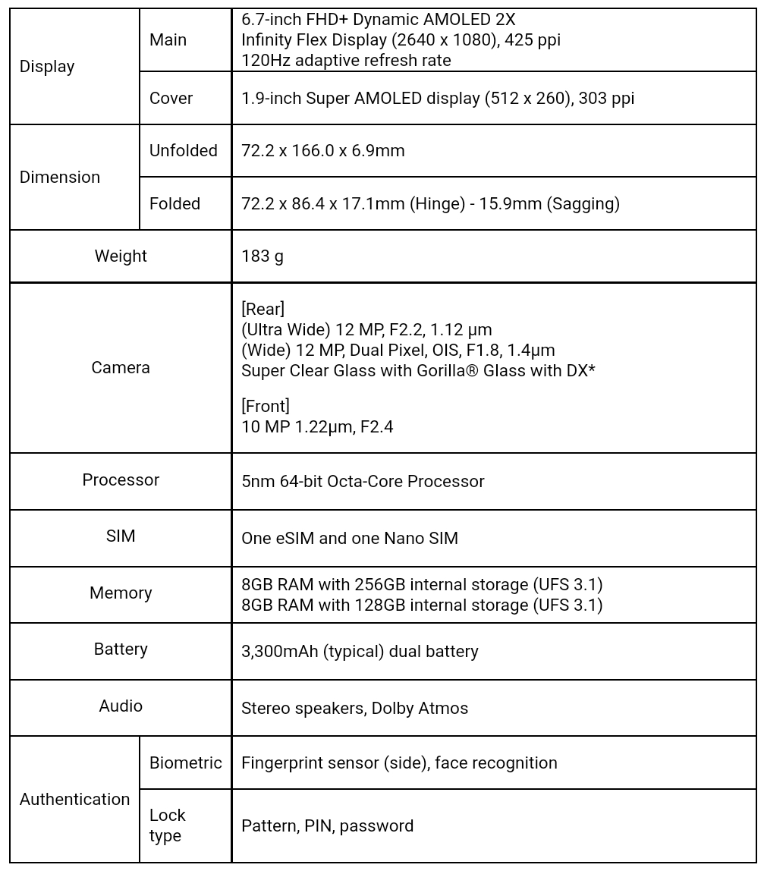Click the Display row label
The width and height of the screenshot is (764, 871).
[47, 67]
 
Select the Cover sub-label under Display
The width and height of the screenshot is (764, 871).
[171, 99]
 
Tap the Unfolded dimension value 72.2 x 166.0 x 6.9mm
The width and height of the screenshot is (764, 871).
[322, 151]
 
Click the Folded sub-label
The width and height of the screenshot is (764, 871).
[174, 204]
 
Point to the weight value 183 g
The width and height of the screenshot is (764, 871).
[263, 256]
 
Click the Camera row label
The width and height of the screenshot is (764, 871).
[121, 368]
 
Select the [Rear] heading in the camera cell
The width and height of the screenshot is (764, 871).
[263, 309]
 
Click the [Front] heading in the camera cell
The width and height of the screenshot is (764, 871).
[266, 407]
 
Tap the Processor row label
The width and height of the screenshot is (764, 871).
[121, 480]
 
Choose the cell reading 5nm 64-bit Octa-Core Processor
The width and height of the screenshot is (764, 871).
[363, 482]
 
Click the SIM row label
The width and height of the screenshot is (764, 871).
[121, 536]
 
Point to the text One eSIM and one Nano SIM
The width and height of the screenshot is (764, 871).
[350, 539]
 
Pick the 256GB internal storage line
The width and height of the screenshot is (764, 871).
[422, 585]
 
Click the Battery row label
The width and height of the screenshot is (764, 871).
[121, 649]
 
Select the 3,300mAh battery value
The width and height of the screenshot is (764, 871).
[360, 652]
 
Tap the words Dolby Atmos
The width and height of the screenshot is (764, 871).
[420, 709]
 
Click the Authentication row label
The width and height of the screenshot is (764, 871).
[74, 800]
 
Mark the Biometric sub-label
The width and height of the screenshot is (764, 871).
[186, 763]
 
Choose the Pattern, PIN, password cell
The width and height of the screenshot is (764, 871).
[327, 826]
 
